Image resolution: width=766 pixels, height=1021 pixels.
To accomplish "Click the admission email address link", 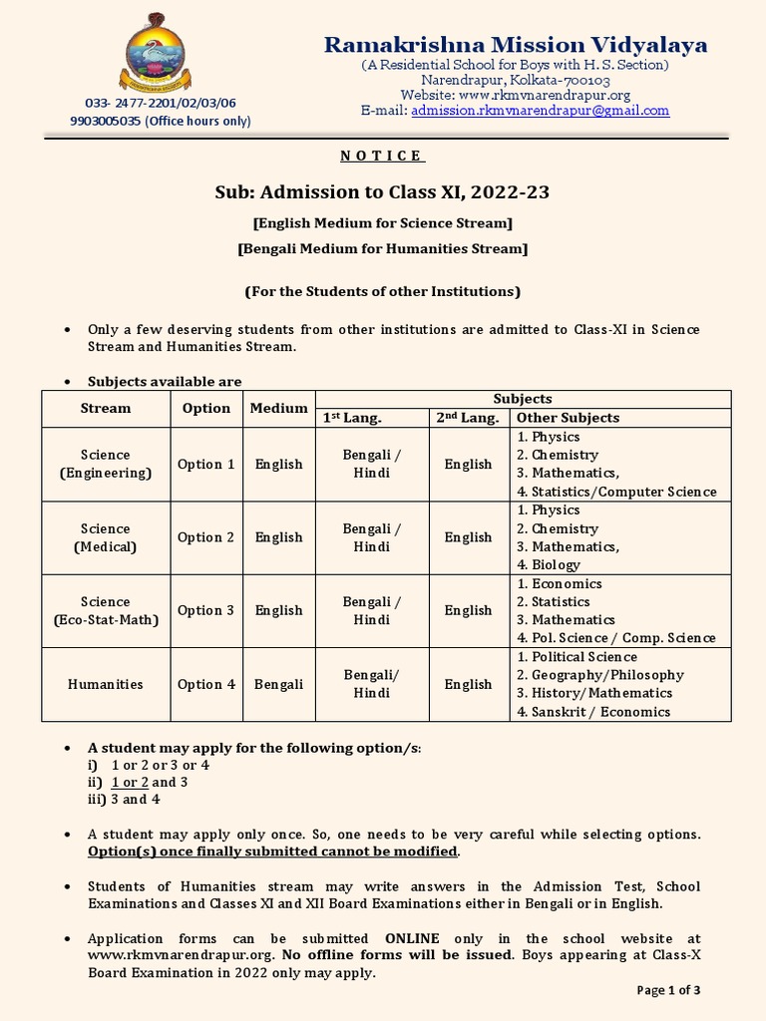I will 540,111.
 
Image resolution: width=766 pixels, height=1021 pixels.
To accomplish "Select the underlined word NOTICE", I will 382,156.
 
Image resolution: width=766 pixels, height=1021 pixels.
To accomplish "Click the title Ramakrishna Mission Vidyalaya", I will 516,45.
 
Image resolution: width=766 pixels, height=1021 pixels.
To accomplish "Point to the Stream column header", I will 105,408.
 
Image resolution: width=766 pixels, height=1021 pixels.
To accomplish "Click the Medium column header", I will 278,408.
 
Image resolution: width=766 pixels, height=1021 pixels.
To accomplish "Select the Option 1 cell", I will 206,464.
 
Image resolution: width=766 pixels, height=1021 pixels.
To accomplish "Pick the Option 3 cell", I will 206,610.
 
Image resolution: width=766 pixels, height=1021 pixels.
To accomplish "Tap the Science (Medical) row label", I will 105,537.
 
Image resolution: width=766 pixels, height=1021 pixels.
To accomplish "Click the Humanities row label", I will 105,684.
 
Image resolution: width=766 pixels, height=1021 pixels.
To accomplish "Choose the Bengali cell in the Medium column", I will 278,684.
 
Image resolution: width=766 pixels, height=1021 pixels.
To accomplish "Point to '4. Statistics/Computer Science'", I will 616,492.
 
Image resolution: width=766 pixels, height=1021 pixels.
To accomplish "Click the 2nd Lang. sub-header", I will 467,418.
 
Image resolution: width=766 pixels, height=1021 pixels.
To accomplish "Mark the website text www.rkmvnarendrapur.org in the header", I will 545,95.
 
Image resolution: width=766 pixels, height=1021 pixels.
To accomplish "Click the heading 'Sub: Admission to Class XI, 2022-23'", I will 383,191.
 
